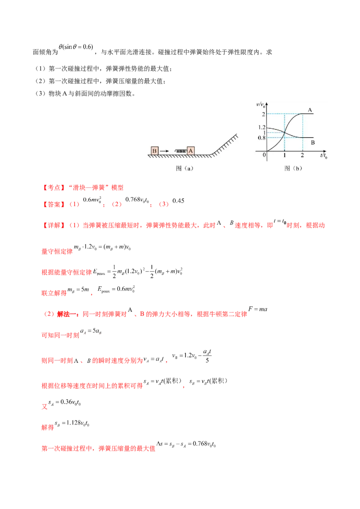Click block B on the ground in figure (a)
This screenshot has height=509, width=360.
154,151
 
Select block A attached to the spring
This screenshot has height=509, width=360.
191,151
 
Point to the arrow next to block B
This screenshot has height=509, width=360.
165,151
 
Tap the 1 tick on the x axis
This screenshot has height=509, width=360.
284,156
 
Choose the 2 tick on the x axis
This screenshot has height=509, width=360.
302,156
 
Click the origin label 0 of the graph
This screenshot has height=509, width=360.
264,155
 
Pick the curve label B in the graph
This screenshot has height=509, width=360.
313,143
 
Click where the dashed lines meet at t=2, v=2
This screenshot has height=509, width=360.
302,114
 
